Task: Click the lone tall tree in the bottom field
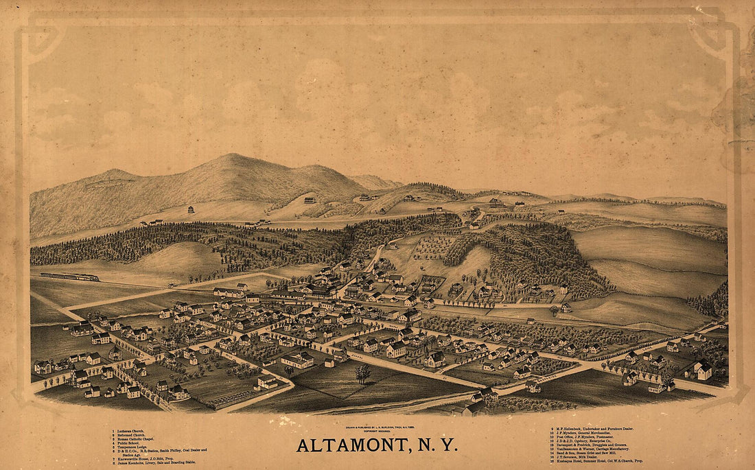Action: tap(362, 373)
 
